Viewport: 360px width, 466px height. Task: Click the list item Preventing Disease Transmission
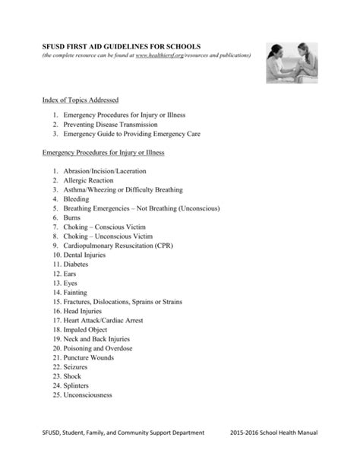tap(111, 124)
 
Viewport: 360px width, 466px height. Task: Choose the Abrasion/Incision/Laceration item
tap(104, 171)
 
